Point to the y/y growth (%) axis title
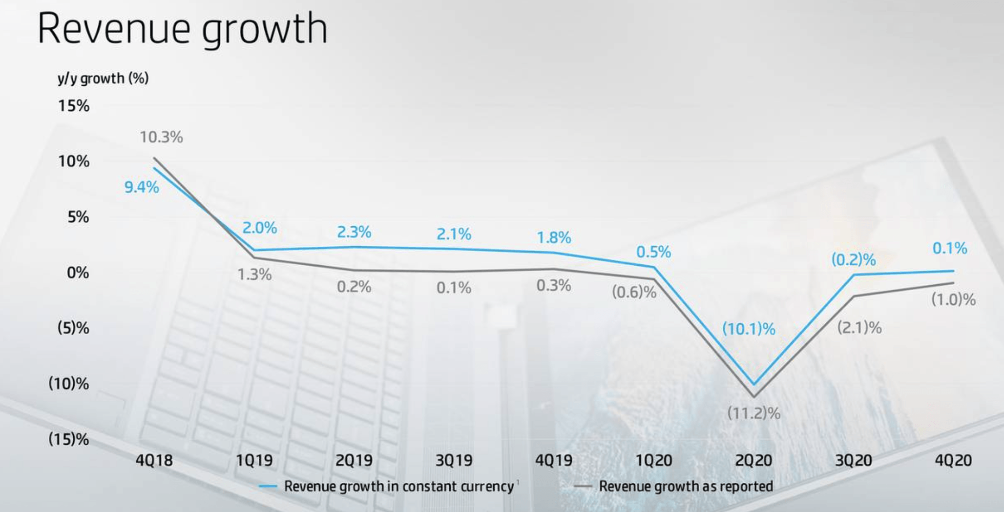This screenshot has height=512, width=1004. coord(103,78)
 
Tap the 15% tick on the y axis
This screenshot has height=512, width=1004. coord(74,106)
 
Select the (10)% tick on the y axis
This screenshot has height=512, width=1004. coord(69,384)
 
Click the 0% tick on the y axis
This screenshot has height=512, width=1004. coord(78,273)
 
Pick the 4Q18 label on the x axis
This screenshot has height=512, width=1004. coord(154,460)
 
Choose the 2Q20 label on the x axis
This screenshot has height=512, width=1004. coord(753,460)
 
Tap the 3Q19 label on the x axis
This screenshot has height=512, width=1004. coord(454,460)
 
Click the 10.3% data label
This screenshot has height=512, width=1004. coord(161,137)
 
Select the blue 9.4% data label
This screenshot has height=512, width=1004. coord(142,187)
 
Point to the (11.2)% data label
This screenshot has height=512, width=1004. coord(753,414)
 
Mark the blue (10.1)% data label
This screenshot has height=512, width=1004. coord(749,329)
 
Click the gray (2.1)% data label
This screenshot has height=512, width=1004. coord(859,327)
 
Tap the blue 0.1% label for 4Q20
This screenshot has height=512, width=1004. coord(949,248)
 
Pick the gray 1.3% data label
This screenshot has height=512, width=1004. coord(254,275)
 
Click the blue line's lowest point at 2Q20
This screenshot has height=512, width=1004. coord(753,384)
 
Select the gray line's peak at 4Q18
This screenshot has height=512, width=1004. coord(154,158)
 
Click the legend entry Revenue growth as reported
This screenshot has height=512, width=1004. coord(685,486)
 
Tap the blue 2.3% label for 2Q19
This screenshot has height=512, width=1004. coord(354,232)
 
